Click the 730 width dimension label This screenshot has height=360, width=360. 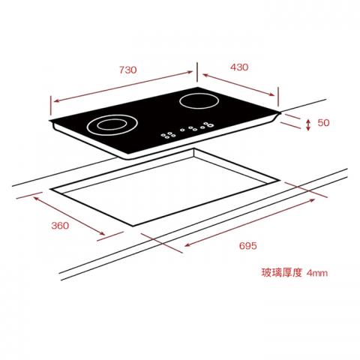pyautogui.click(x=127, y=70)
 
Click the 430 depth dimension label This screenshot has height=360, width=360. pyautogui.click(x=239, y=67)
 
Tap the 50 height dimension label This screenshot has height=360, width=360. pyautogui.click(x=323, y=122)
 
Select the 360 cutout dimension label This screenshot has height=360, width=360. pyautogui.click(x=60, y=226)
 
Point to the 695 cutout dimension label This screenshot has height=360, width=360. pyautogui.click(x=247, y=245)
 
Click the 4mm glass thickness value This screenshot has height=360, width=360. pyautogui.click(x=317, y=273)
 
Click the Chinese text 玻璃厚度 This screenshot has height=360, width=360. pyautogui.click(x=282, y=272)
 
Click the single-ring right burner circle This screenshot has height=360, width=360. pyautogui.click(x=199, y=101)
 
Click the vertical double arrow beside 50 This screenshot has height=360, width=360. pyautogui.click(x=308, y=124)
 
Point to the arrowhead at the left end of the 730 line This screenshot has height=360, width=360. pyautogui.click(x=56, y=101)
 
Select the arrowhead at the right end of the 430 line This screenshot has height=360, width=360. pyautogui.click(x=271, y=94)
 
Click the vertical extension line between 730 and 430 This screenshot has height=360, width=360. pyautogui.click(x=197, y=72)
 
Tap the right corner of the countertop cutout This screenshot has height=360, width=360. pyautogui.click(x=278, y=180)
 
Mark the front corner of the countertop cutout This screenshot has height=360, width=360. pyautogui.click(x=133, y=226)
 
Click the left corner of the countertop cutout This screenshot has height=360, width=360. pyautogui.click(x=51, y=189)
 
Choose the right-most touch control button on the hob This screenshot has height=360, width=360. pyautogui.click(x=211, y=125)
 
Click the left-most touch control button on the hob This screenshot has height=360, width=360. pyautogui.click(x=163, y=135)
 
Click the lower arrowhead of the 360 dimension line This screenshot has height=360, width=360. pyautogui.click(x=102, y=233)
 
